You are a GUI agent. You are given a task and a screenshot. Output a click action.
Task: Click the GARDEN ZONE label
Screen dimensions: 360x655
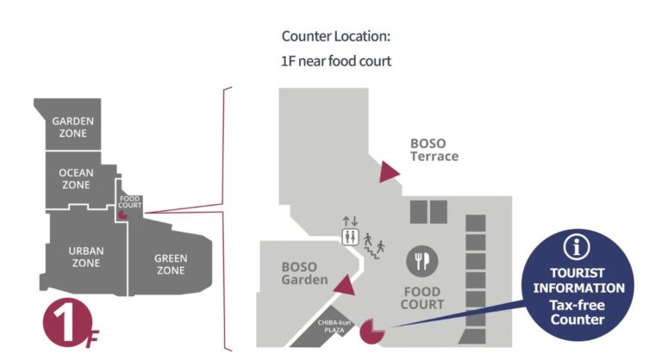(72, 128)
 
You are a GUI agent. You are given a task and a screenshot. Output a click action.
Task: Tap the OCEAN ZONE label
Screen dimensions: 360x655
(76, 179)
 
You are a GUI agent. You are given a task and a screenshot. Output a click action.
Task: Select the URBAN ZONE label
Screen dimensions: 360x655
(86, 257)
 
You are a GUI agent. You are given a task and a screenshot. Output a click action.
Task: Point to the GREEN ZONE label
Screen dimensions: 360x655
(170, 264)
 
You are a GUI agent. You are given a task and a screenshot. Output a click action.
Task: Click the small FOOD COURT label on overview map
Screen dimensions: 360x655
(129, 202)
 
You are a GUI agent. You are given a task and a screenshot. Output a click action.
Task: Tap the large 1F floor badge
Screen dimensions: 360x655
(67, 326)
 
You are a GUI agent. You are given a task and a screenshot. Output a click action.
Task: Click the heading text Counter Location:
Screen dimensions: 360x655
(336, 37)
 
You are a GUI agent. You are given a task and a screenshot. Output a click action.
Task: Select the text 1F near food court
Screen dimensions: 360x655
(337, 61)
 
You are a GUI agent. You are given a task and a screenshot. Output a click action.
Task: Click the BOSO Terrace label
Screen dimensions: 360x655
(434, 150)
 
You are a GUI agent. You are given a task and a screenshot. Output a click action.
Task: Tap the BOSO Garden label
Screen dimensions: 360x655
(304, 273)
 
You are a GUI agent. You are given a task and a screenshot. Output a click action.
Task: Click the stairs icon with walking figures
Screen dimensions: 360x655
(373, 244)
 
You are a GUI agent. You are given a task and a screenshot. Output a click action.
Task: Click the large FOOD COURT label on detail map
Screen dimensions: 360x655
(423, 298)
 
